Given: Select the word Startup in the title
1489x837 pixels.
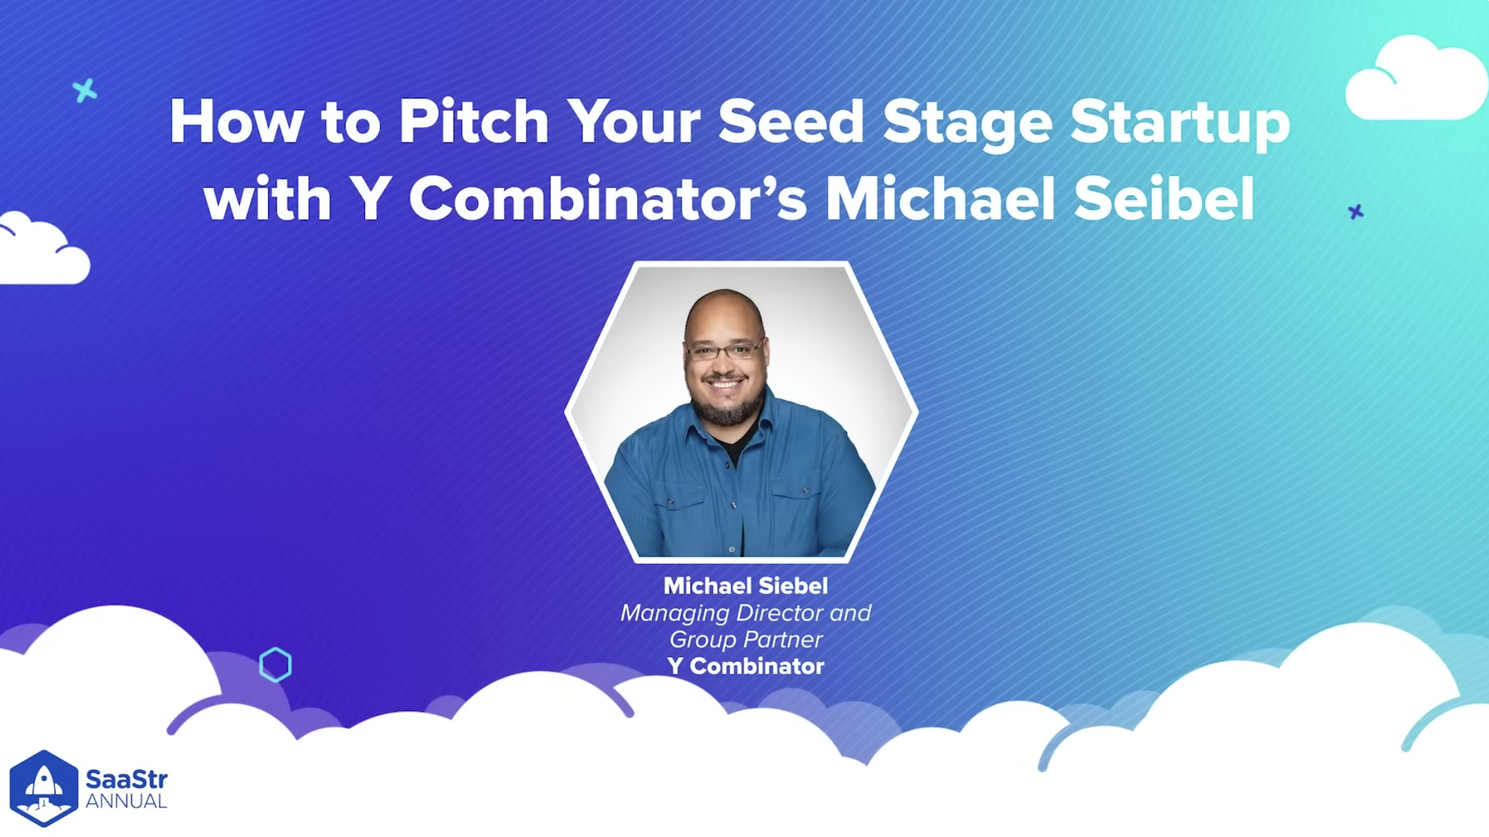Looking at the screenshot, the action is tap(1180, 125).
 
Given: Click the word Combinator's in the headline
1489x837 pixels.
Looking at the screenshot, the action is tap(607, 198).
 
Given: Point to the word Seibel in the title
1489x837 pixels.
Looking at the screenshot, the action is tap(1164, 198).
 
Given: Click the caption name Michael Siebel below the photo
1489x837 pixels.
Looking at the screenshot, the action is tap(745, 586).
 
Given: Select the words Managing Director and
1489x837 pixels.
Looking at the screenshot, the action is tap(745, 613).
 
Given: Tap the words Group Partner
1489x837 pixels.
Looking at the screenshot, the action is tap(745, 640).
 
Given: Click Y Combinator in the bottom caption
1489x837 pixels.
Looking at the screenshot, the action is tap(745, 666).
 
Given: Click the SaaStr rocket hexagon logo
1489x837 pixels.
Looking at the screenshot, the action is tap(44, 788).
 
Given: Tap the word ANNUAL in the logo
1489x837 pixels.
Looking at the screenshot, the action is tap(126, 801).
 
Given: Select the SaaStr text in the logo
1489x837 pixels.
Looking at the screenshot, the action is tap(126, 779).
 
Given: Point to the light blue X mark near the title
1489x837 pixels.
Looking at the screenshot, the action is tap(85, 90).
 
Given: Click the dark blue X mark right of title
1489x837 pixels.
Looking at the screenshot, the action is tap(1356, 212).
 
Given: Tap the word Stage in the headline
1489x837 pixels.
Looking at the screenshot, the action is tap(968, 125).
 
